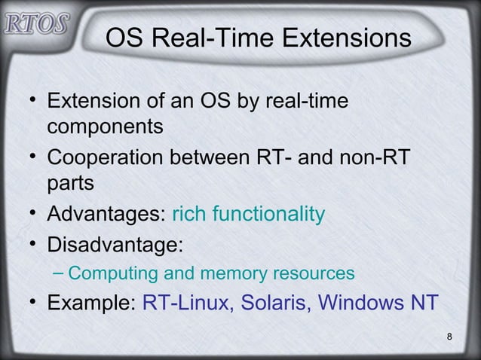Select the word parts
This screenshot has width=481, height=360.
71,183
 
